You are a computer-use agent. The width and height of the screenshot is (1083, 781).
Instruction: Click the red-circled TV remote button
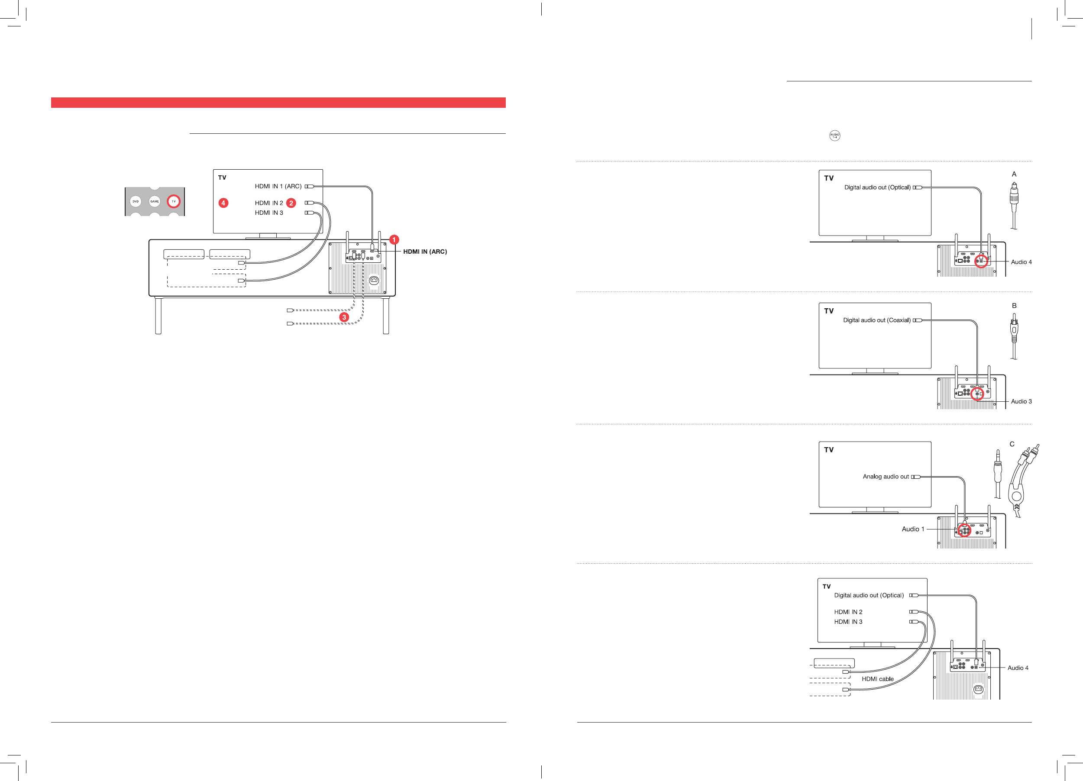[173, 201]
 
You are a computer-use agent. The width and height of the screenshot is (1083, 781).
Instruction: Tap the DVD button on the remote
[136, 201]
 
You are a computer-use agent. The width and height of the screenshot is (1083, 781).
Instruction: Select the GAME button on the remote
[155, 201]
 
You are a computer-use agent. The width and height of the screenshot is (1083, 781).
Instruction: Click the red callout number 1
[394, 240]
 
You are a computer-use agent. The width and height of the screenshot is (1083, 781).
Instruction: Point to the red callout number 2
[291, 203]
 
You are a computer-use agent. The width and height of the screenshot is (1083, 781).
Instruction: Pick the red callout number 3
[344, 317]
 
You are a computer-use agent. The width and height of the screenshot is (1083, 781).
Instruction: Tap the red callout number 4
[223, 203]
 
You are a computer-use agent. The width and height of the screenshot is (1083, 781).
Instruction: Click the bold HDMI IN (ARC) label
[425, 252]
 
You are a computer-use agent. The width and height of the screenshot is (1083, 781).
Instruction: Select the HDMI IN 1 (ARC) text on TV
[278, 186]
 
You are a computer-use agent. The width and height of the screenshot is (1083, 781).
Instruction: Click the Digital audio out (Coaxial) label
[877, 320]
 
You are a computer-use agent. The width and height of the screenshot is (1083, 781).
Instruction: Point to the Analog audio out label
[886, 476]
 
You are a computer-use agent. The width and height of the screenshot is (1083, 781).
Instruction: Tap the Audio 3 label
[1021, 401]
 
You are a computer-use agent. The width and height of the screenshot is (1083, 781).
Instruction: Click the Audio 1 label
[912, 529]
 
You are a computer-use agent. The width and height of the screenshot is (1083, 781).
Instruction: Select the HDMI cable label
[878, 679]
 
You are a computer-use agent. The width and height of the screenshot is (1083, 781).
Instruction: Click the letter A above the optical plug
[1014, 174]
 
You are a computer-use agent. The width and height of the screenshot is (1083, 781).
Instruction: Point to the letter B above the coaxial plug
[1014, 306]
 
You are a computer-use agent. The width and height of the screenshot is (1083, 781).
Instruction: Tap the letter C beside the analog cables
[1012, 444]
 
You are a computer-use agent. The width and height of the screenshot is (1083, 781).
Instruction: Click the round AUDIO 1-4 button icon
[834, 136]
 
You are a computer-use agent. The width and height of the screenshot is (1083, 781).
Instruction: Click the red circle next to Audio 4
[980, 261]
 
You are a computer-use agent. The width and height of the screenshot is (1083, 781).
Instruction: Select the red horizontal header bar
[278, 103]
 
